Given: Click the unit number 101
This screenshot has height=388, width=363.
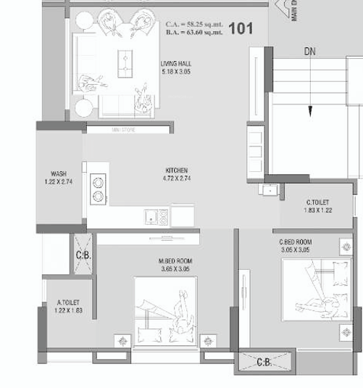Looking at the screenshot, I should [241, 28].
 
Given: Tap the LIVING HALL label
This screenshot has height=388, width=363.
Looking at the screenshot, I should [176, 64].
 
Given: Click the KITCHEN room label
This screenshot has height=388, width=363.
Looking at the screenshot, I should [177, 170].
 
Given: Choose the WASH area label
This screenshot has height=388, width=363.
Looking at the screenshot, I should [59, 174].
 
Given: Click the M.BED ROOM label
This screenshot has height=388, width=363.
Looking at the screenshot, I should [175, 261].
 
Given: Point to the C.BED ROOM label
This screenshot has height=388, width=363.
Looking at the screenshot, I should [295, 242].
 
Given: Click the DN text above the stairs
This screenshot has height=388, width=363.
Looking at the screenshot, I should [309, 52].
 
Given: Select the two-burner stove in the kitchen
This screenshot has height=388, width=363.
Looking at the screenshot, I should [97, 189].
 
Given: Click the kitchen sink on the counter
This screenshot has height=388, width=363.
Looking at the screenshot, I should [157, 215].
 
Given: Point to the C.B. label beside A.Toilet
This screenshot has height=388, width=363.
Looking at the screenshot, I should [83, 255].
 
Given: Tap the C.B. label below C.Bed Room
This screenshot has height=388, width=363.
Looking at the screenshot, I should [265, 362].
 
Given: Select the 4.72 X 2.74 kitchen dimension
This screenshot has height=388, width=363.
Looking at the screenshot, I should [177, 178].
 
